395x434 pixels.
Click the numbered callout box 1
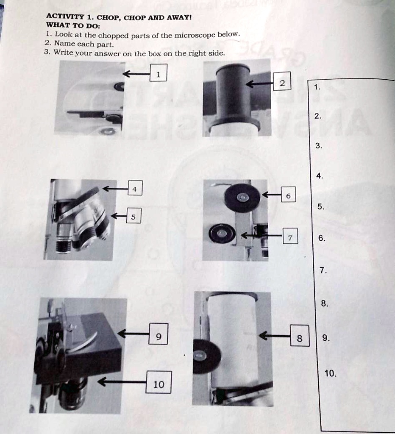click(159, 73)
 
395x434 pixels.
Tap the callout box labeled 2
click(282, 81)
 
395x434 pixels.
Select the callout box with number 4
click(135, 188)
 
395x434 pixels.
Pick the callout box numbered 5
click(134, 216)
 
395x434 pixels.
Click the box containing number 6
click(289, 194)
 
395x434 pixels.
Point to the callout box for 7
click(290, 236)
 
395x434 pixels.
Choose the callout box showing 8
click(300, 336)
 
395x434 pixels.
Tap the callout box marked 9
click(159, 334)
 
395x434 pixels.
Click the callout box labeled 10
click(159, 382)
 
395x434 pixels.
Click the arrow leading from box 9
click(133, 334)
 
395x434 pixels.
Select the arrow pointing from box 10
click(122, 382)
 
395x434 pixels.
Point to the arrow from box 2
click(259, 83)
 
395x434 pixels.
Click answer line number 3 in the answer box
click(319, 146)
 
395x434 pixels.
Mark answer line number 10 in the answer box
click(331, 373)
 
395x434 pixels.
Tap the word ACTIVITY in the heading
click(65, 17)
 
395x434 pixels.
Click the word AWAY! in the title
click(179, 17)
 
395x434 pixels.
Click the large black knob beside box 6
click(242, 198)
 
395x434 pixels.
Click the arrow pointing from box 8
click(274, 336)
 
